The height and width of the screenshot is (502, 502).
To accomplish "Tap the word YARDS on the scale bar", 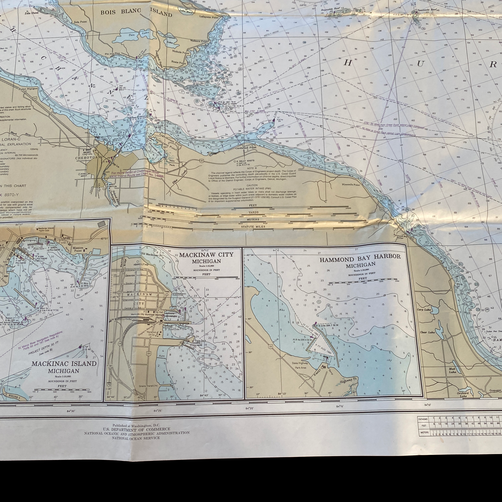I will [253, 212].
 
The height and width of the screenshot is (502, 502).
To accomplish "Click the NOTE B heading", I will [252, 168].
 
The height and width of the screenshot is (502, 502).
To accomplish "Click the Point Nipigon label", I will [28, 89].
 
